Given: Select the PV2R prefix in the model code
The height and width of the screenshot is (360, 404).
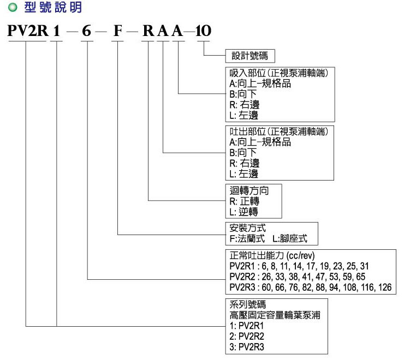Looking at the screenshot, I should (x=28, y=32).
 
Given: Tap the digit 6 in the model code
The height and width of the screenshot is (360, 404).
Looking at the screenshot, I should (x=86, y=32).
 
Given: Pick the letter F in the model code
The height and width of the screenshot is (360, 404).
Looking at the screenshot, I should (x=117, y=32).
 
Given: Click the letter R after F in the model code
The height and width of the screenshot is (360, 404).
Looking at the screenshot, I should (x=148, y=32).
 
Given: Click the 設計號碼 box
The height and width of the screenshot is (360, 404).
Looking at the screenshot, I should (x=249, y=56).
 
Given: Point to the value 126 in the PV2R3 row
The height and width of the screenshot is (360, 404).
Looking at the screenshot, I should (x=385, y=287).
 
